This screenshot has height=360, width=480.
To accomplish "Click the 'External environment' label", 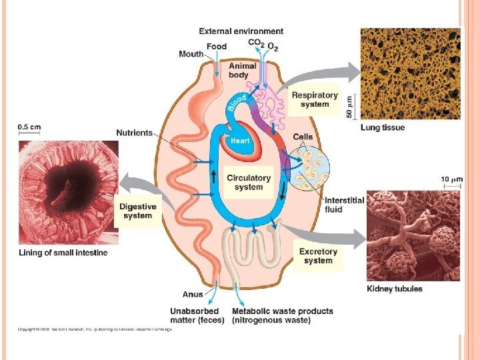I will (x=241, y=31).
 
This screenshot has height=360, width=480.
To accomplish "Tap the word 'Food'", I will (x=216, y=46).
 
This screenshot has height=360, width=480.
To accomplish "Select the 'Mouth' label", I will (x=191, y=54).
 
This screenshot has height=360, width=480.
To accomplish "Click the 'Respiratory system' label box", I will (x=315, y=99).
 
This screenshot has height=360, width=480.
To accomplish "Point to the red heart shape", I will (x=241, y=145).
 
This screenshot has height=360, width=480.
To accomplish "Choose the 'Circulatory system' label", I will (x=249, y=182).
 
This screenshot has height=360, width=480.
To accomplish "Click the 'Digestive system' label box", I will (x=138, y=211).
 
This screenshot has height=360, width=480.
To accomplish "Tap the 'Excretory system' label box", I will (x=318, y=256).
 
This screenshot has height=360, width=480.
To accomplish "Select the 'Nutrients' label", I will (x=135, y=133).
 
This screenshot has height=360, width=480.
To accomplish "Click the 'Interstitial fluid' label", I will (x=344, y=205).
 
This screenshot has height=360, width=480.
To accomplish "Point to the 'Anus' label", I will (x=193, y=294).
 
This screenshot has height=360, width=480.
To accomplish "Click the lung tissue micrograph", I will (x=410, y=73).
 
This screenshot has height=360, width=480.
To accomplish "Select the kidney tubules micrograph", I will (x=413, y=236).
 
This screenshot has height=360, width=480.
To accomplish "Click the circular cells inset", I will (x=308, y=167).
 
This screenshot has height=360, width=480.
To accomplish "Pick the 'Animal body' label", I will (x=239, y=71).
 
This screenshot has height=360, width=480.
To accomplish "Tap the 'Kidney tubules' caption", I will (x=395, y=289).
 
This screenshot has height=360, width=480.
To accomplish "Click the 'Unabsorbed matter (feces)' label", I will (x=194, y=315).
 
